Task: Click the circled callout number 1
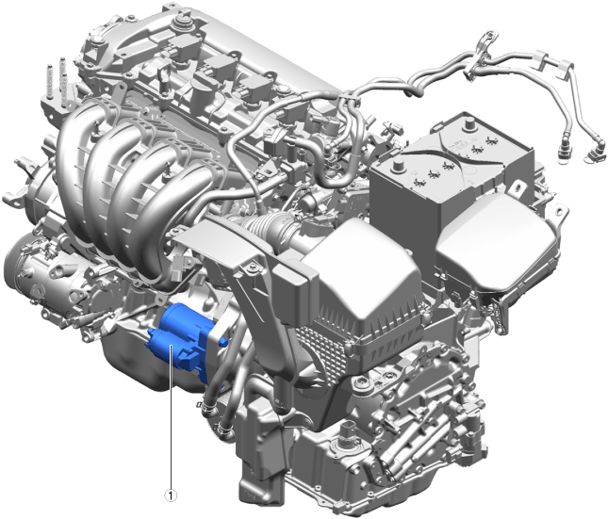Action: click(x=171, y=495)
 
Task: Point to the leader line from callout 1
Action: click(x=171, y=417)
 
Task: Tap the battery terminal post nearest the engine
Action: click(x=398, y=166)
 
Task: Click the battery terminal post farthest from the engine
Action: click(x=470, y=124)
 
